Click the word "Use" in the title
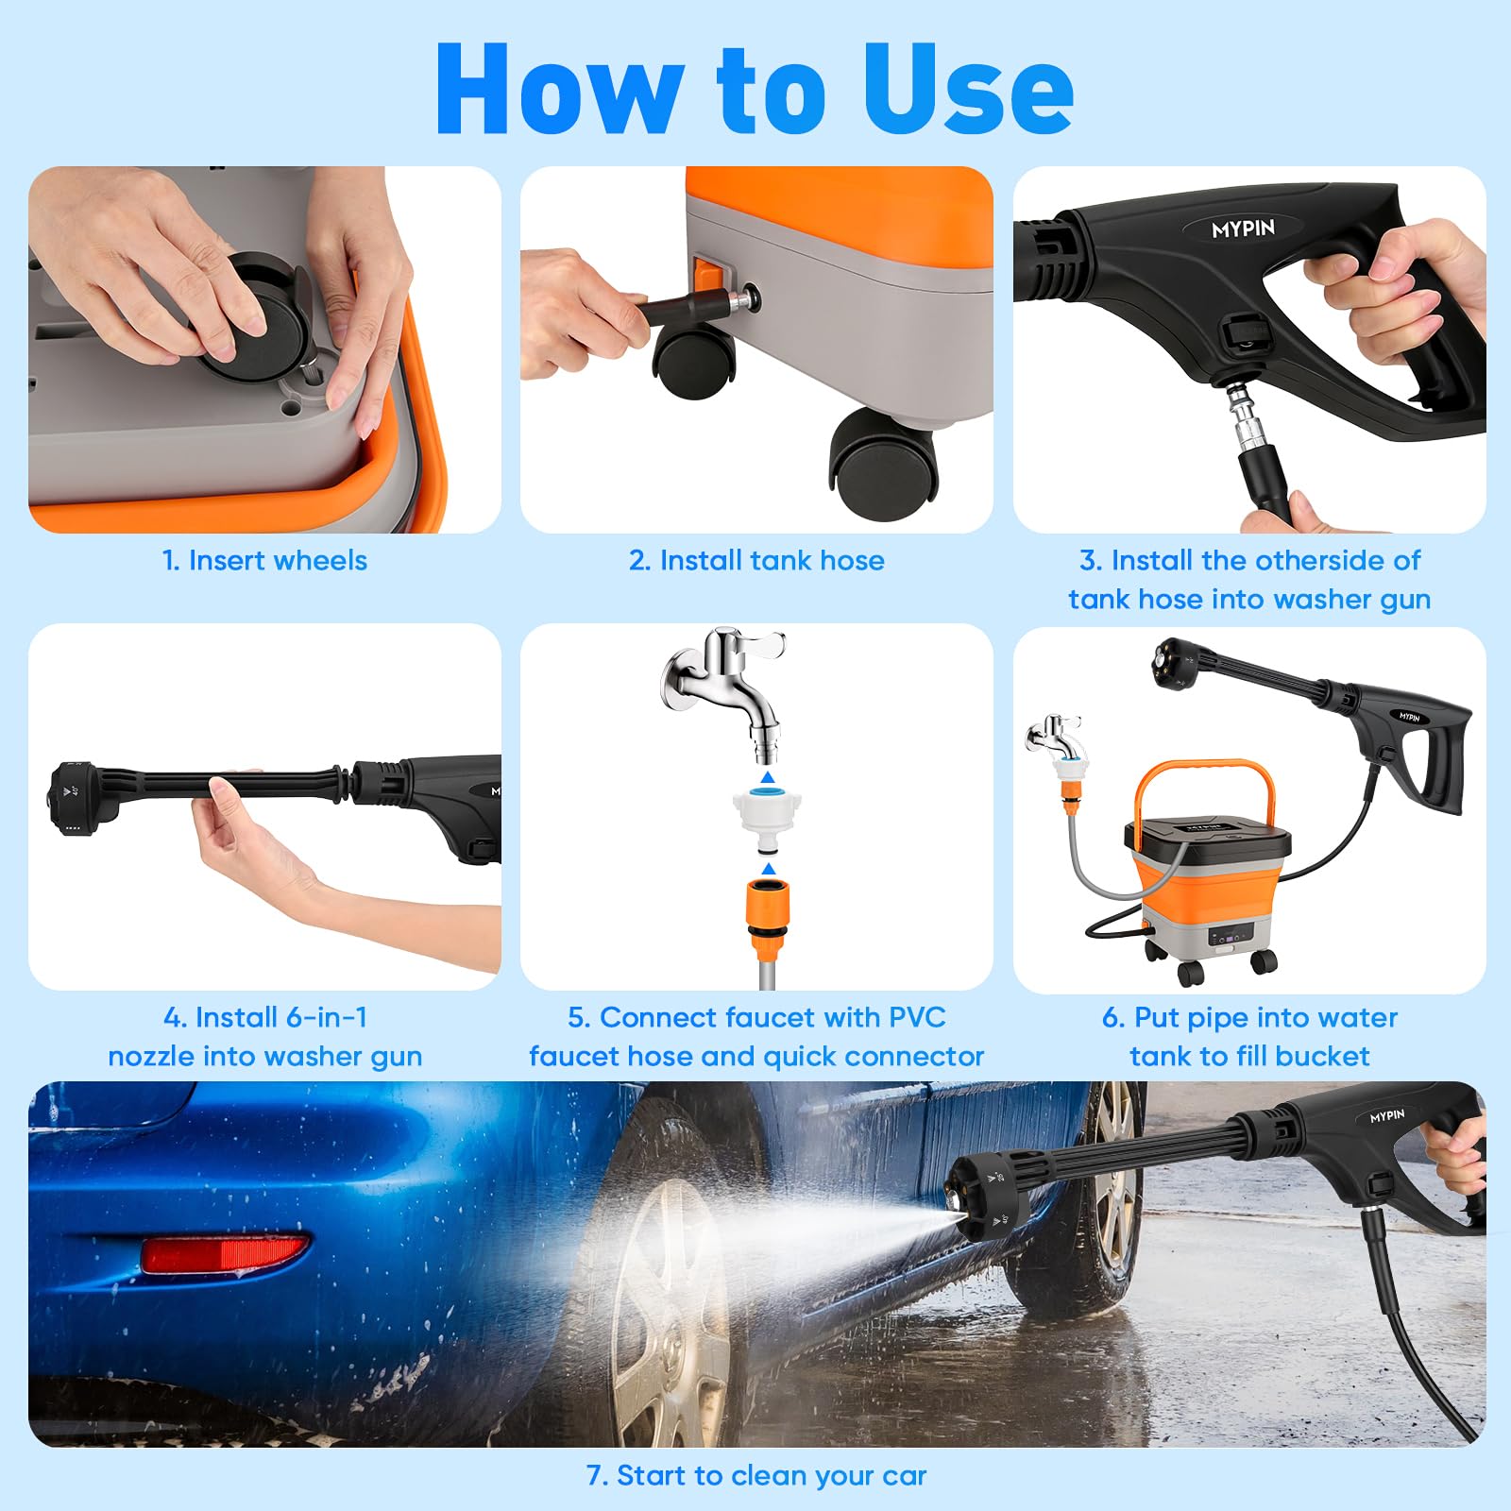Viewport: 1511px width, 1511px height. click(967, 90)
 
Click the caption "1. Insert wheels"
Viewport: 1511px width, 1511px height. click(264, 560)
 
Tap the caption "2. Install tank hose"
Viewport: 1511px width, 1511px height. click(756, 560)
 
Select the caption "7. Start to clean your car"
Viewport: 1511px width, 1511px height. click(756, 1475)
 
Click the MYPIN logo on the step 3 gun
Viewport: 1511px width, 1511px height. click(1243, 229)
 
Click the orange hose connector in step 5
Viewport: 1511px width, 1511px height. click(768, 921)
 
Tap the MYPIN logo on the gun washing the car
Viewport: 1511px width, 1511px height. click(1387, 1116)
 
